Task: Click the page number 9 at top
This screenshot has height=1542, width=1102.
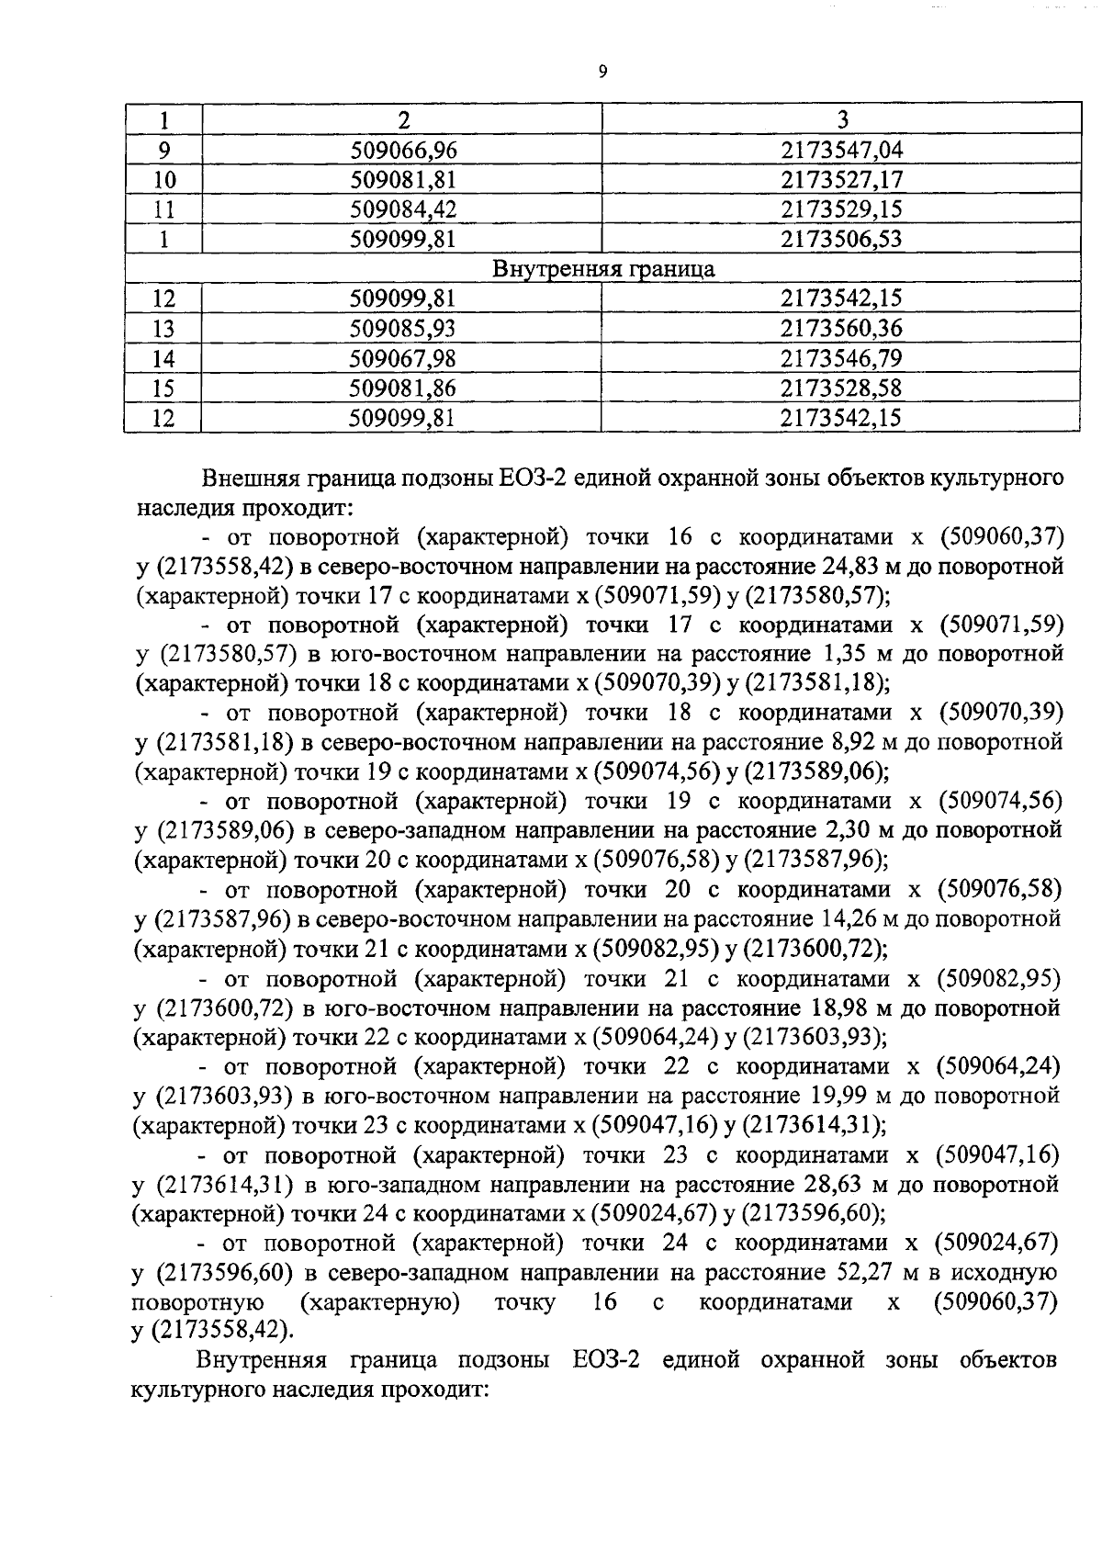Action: pos(602,73)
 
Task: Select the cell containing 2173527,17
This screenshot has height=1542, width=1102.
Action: pos(841,179)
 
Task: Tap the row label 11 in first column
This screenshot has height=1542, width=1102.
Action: pos(163,209)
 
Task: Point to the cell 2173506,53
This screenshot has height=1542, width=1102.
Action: pos(841,240)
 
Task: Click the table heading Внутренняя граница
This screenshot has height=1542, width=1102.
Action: pos(603,269)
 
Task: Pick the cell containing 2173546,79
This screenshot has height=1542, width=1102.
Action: pos(841,357)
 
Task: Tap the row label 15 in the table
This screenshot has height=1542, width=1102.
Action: pos(163,388)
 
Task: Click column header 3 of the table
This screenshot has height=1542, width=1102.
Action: pos(841,118)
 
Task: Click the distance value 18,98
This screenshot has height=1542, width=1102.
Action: pos(834,1008)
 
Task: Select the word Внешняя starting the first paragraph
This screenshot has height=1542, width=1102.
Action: pos(247,478)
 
